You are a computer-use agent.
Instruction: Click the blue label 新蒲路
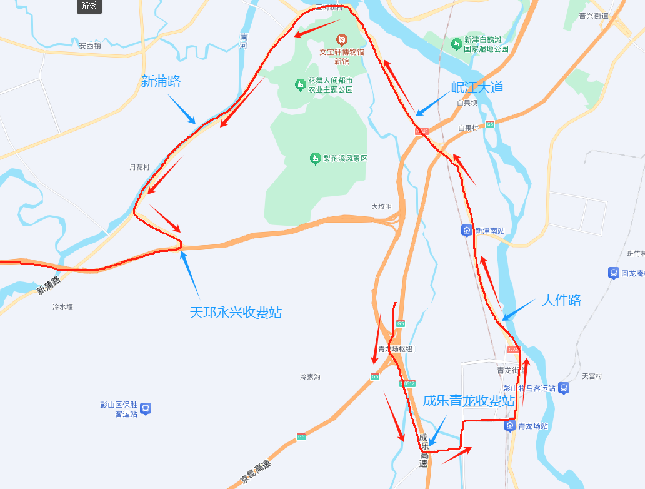pos(161,81)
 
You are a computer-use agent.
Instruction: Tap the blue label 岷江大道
pos(477,88)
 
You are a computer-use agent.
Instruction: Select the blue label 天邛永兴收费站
pos(236,313)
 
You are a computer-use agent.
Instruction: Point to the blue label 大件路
pos(561,300)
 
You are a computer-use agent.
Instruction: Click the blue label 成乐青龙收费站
pos(469,401)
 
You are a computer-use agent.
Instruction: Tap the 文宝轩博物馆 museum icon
pos(341,40)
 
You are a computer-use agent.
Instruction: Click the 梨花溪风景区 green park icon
pos(316,159)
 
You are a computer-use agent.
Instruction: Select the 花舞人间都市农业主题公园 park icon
pos(300,84)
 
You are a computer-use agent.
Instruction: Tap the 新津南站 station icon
pos(467,231)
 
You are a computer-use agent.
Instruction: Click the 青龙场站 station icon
pos(510,426)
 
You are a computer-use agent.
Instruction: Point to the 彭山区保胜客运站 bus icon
pos(146,409)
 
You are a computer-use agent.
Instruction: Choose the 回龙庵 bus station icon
pos(613,273)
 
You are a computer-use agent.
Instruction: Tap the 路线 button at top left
pos(89,6)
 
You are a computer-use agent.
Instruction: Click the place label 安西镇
pos(90,46)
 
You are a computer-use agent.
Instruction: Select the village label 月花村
pos(139,168)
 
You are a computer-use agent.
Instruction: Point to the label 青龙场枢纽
pos(396,349)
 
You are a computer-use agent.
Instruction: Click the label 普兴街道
pos(593,16)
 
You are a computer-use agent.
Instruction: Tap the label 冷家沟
pos(310,377)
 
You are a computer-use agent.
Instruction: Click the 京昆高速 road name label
pos(256,473)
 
